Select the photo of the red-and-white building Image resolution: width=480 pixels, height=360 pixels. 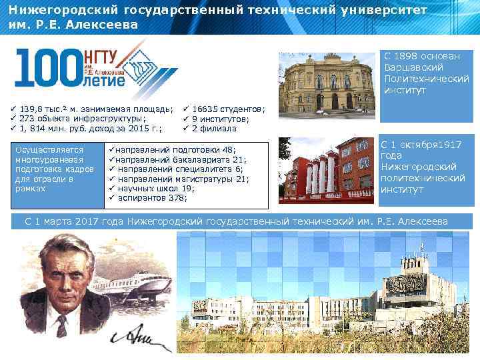point(326,170)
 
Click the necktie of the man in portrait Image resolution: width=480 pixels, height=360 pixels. point(61,327)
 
